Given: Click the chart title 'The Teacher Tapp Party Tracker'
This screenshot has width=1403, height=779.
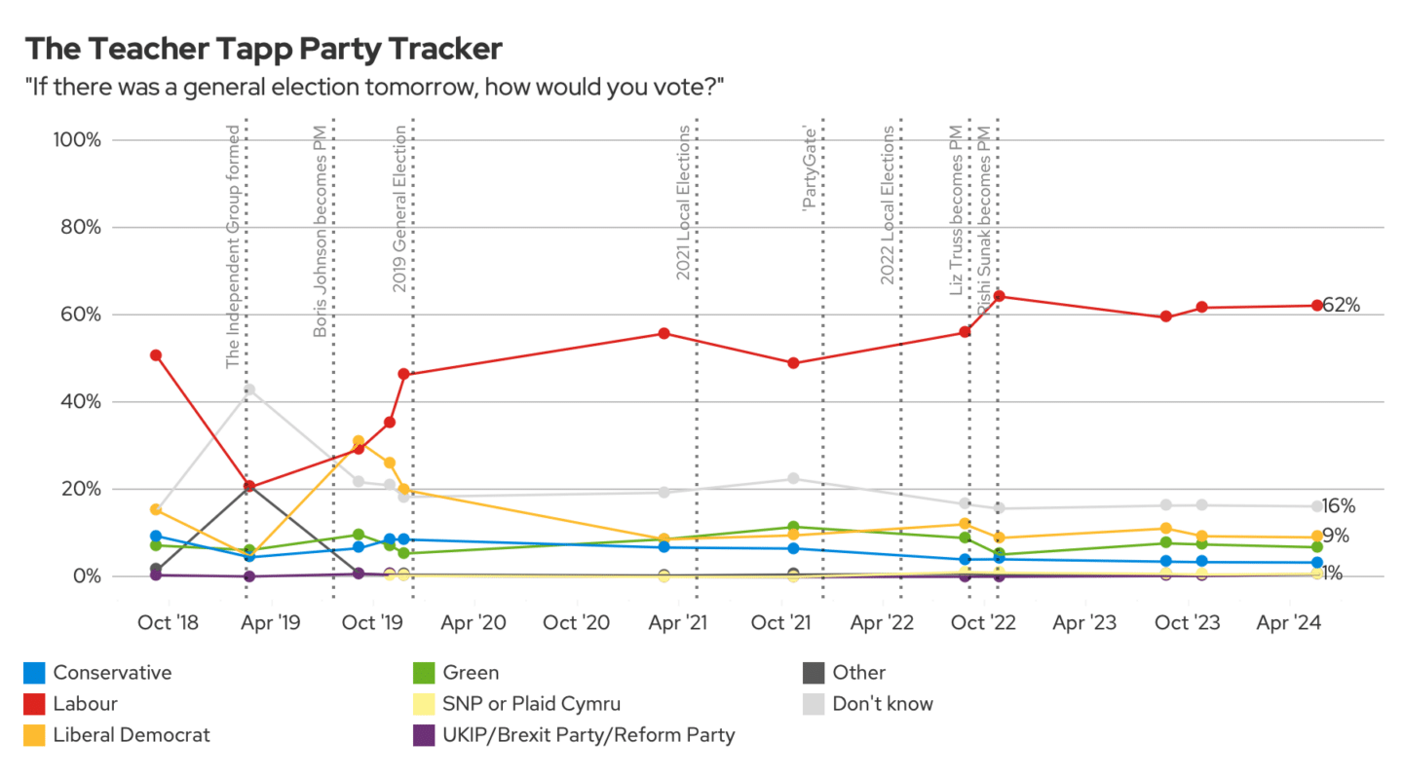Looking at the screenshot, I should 264,50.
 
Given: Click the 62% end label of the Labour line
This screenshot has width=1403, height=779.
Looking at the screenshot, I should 1341,305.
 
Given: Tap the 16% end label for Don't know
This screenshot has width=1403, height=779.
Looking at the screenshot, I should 1339,505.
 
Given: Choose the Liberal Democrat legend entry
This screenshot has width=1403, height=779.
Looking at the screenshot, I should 131,734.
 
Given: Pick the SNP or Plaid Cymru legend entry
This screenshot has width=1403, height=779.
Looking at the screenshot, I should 531,703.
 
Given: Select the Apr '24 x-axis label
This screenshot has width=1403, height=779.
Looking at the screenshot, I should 1291,621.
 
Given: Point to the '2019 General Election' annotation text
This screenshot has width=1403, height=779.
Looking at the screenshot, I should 398,209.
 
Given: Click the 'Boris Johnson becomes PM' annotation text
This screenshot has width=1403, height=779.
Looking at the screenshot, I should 320,231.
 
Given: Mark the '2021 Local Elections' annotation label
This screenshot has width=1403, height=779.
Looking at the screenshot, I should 682,203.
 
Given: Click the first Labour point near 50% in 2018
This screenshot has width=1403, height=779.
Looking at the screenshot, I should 155,355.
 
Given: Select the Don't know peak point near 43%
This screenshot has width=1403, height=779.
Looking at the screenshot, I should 249,389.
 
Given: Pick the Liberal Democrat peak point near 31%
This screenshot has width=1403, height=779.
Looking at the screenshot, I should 359,441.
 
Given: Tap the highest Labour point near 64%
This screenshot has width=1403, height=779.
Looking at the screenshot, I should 999,296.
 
